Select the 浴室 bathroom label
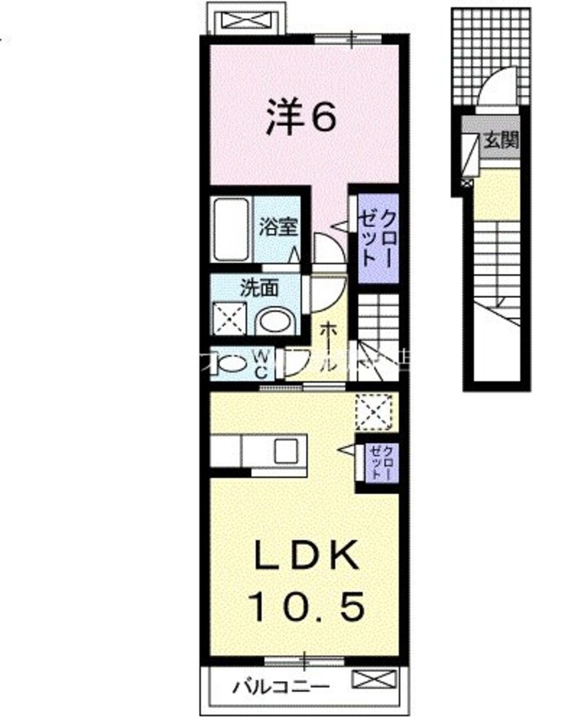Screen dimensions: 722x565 (x=278, y=226)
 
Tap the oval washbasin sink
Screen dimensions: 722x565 (x=274, y=321)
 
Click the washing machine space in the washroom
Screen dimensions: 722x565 (x=229, y=319)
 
